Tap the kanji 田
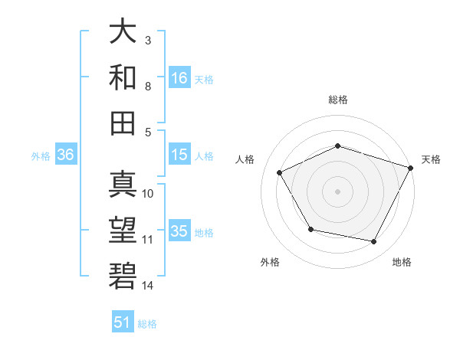pyautogui.click(x=123, y=122)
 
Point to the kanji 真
pyautogui.click(x=123, y=185)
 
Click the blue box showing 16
pyautogui.click(x=179, y=77)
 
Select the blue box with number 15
pyautogui.click(x=179, y=155)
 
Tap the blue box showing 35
pyautogui.click(x=179, y=231)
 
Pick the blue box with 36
pyautogui.click(x=66, y=155)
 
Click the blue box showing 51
pyautogui.click(x=123, y=322)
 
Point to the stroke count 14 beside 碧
pyautogui.click(x=148, y=286)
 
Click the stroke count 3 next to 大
pyautogui.click(x=148, y=40)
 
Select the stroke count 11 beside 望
pyautogui.click(x=148, y=240)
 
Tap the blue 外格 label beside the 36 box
pyautogui.click(x=41, y=155)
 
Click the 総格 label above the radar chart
pyautogui.click(x=338, y=100)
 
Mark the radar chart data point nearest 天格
pyautogui.click(x=411, y=167)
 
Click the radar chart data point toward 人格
pyautogui.click(x=280, y=172)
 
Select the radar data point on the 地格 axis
pyautogui.click(x=373, y=241)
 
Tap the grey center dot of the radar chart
pyautogui.click(x=338, y=191)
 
